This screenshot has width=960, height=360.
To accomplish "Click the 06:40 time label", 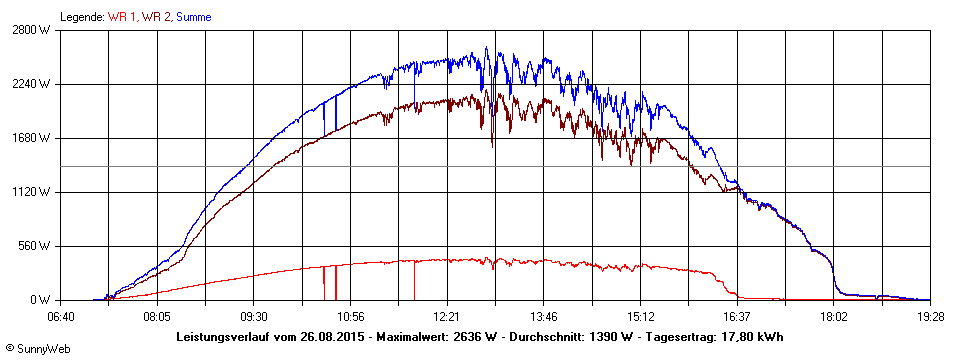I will pos(60,317).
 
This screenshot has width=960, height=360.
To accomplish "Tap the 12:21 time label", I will pos(447,317).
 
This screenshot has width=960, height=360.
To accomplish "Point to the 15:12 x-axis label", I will pos(640,317).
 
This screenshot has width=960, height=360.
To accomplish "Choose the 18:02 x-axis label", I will pos(833,317).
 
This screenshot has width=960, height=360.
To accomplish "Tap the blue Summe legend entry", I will pos(194,17).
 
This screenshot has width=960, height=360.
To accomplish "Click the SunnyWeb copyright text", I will pos(37,349).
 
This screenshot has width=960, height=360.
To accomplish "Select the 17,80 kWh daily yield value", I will pos(750,336).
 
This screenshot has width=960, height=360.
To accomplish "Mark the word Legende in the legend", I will pos(81,17).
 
